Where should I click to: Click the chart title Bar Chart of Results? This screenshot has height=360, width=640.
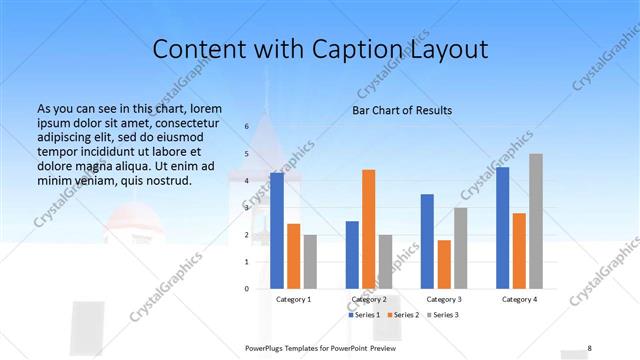tap(401, 110)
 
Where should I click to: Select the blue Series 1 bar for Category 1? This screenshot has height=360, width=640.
tap(277, 230)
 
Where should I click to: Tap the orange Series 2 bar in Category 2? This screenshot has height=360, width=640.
tap(368, 229)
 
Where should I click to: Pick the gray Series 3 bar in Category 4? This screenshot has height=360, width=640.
tap(536, 221)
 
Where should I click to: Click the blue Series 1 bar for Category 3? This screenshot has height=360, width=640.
tap(427, 241)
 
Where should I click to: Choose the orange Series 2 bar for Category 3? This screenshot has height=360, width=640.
tap(444, 264)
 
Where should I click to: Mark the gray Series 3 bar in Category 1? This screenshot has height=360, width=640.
tap(310, 261)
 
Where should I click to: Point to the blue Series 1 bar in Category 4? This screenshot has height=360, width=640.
tap(503, 227)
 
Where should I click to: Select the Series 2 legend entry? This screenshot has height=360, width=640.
tap(402, 315)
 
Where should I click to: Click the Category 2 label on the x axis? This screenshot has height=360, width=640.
tap(368, 299)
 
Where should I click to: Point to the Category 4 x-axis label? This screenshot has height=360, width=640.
tap(519, 299)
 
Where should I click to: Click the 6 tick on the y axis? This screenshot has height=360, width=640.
tap(246, 127)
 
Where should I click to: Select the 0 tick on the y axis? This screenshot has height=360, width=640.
tap(246, 289)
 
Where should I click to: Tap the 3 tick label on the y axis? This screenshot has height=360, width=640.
tap(246, 208)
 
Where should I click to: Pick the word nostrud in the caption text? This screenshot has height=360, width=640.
tap(166, 181)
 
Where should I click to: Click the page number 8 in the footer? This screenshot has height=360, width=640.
tap(589, 348)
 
